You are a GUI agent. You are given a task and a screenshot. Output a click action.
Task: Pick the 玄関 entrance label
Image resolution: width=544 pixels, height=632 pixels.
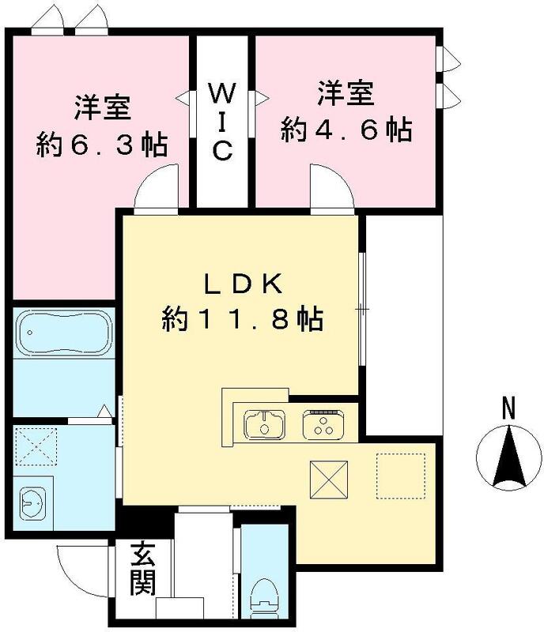click(142, 570)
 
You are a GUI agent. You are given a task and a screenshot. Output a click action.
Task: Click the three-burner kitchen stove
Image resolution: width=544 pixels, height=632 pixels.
click(321, 425)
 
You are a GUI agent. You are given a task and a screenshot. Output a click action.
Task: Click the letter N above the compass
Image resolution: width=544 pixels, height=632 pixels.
click(508, 409)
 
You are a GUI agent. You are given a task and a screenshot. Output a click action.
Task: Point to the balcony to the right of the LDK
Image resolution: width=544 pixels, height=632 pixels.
click(403, 324)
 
